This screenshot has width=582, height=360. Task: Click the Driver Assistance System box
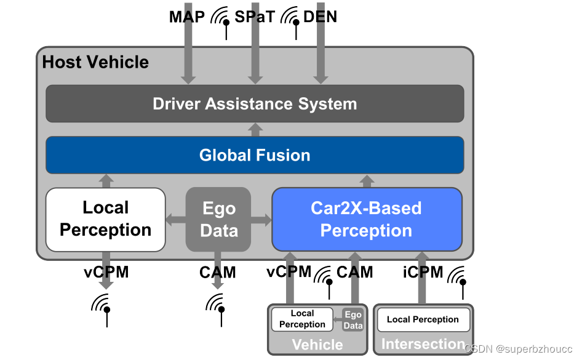point(255,103)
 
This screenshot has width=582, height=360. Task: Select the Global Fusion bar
point(255,155)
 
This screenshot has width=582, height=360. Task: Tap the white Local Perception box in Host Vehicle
point(105,220)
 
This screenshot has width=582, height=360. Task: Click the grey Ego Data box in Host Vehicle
point(218,220)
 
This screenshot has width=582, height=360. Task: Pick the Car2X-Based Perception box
point(367,220)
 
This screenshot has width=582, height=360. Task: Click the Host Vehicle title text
point(95,62)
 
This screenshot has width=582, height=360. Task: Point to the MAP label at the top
point(186,17)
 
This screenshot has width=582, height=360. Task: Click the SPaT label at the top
point(254,17)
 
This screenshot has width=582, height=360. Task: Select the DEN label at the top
point(320,17)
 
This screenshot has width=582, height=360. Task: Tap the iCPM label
point(423,271)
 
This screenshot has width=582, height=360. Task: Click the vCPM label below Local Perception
point(106,271)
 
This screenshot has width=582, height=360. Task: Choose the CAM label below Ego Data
point(217,271)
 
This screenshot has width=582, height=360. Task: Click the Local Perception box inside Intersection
point(423,319)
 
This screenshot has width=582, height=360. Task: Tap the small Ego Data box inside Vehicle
point(353,320)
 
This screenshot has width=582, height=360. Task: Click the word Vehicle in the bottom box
point(317,344)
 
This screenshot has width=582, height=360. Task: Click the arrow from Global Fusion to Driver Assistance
point(255,129)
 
